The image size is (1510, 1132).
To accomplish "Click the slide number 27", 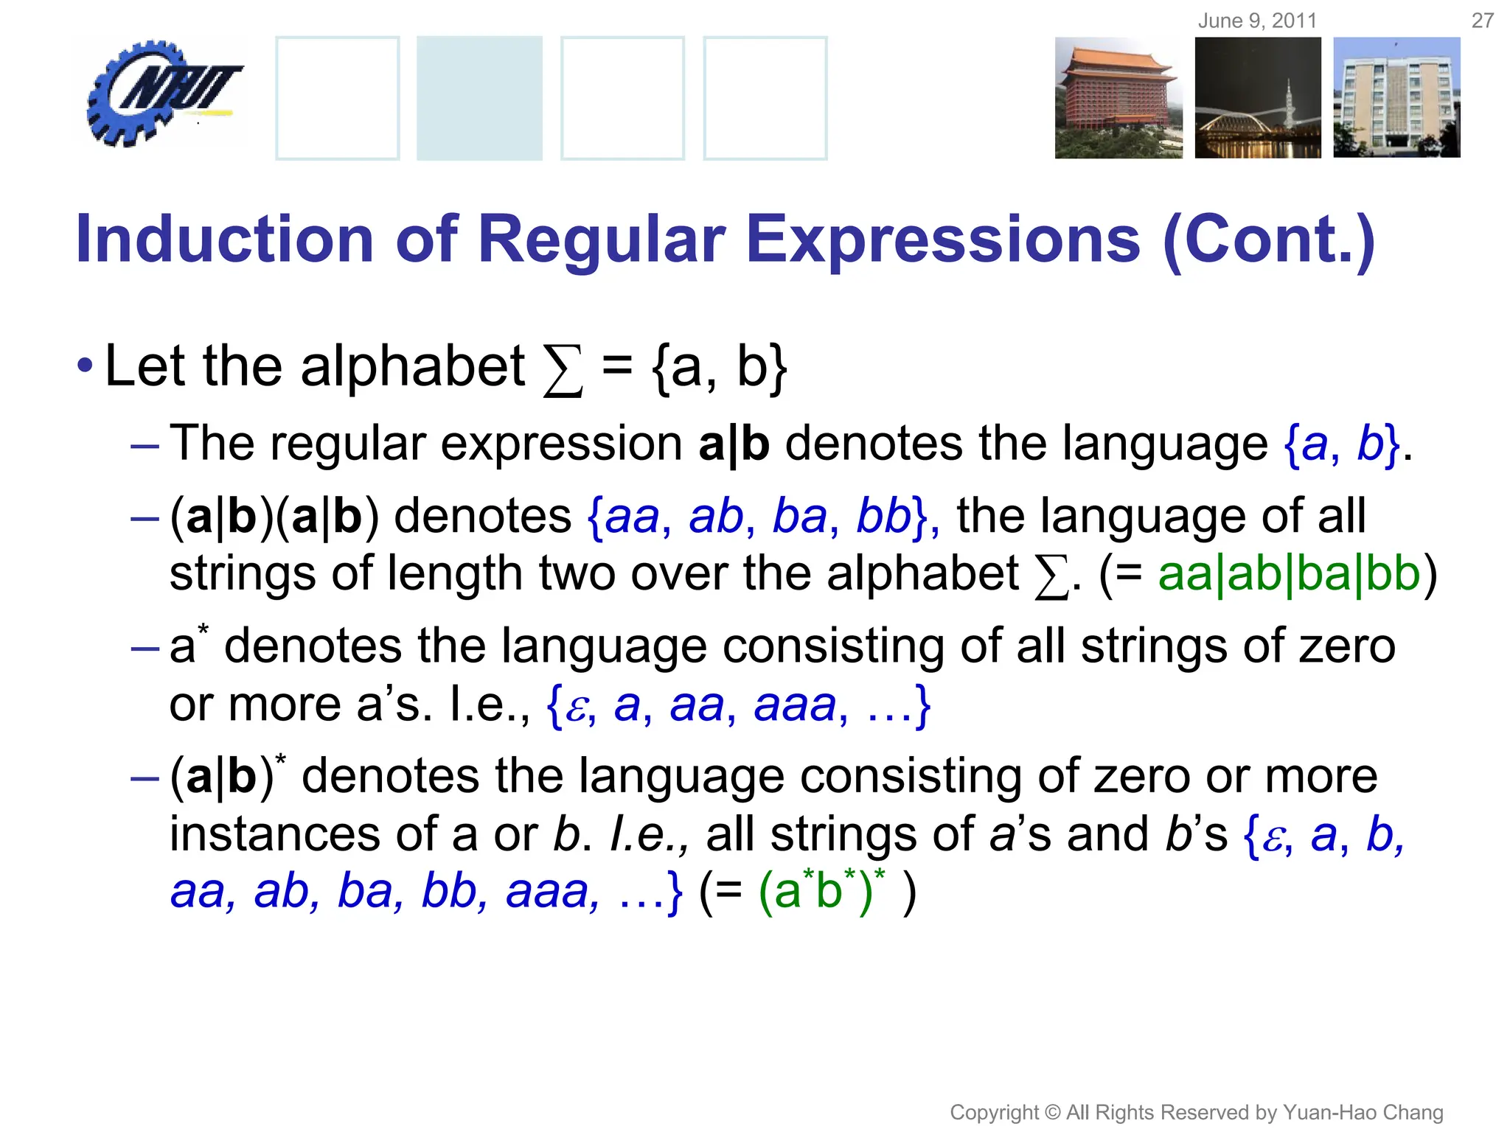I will point(1482,21).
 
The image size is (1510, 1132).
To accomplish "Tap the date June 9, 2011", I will point(1257,21).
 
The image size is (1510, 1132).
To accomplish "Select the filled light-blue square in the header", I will point(479,98).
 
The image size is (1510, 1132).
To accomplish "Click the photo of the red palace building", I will point(1118,98).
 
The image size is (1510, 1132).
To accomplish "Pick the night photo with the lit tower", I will point(1258,98).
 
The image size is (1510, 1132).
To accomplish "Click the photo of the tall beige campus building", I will point(1396,98).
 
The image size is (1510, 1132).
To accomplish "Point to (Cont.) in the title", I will point(1268,240).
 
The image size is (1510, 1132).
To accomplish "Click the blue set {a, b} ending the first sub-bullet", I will point(1340,444).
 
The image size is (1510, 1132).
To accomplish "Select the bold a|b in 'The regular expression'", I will point(734,444).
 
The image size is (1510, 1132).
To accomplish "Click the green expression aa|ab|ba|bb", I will point(1289,575).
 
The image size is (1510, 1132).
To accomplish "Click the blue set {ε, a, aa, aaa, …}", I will point(737,705).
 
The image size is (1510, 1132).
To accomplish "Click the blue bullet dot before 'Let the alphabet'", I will point(85,366).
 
